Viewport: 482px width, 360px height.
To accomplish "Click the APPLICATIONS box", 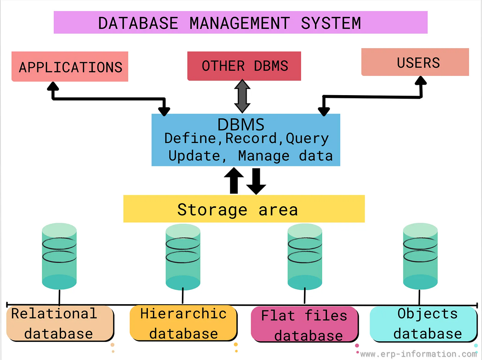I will tap(70, 67).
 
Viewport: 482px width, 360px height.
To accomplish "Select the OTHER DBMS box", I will tap(244, 66).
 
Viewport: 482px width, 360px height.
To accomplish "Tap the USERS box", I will tap(415, 62).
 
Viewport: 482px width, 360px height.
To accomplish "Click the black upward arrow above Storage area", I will tap(234, 180).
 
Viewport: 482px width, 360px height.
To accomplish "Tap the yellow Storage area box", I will tap(244, 209).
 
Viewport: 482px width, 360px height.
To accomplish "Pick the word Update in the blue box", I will tap(194, 156).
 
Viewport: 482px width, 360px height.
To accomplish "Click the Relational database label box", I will tap(60, 323).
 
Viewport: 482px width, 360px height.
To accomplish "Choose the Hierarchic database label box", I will tap(183, 323).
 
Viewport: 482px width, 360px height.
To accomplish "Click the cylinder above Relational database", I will tap(59, 257).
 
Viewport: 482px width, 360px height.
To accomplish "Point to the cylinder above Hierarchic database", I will tap(183, 257).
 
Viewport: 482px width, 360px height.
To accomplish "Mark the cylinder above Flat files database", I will tap(305, 257).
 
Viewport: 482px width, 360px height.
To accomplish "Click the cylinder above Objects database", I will tap(420, 257).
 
